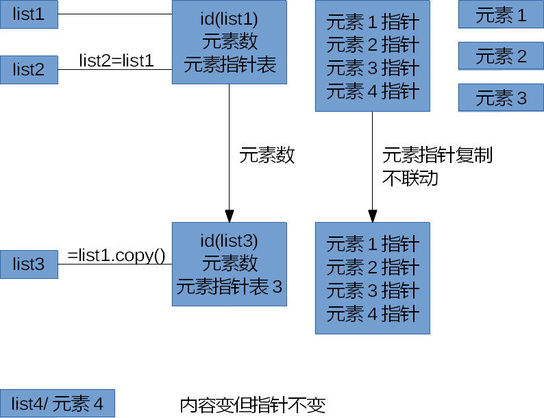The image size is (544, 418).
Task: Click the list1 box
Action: tap(29, 14)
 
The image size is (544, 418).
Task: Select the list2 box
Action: tap(29, 69)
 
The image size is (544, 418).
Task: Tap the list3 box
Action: tap(29, 264)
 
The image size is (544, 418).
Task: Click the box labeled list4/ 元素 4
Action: tap(58, 404)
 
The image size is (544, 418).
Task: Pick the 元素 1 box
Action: tap(501, 15)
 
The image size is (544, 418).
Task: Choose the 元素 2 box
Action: tap(501, 56)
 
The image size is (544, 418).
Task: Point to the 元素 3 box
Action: tap(501, 98)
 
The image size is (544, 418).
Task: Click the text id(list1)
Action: tap(230, 18)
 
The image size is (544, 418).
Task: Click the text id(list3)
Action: tap(230, 240)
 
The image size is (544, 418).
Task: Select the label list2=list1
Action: tap(116, 60)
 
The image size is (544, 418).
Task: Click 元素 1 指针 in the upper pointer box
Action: tap(372, 22)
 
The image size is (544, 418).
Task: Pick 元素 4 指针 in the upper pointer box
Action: tap(372, 91)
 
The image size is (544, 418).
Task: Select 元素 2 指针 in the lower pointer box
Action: tap(372, 267)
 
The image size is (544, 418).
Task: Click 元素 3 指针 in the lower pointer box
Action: tap(372, 291)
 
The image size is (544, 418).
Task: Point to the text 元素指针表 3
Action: tap(230, 286)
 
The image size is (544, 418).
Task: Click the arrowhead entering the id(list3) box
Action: tap(230, 216)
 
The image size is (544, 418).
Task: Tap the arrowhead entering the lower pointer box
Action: tap(372, 216)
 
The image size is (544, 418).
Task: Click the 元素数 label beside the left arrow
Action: tap(267, 156)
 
